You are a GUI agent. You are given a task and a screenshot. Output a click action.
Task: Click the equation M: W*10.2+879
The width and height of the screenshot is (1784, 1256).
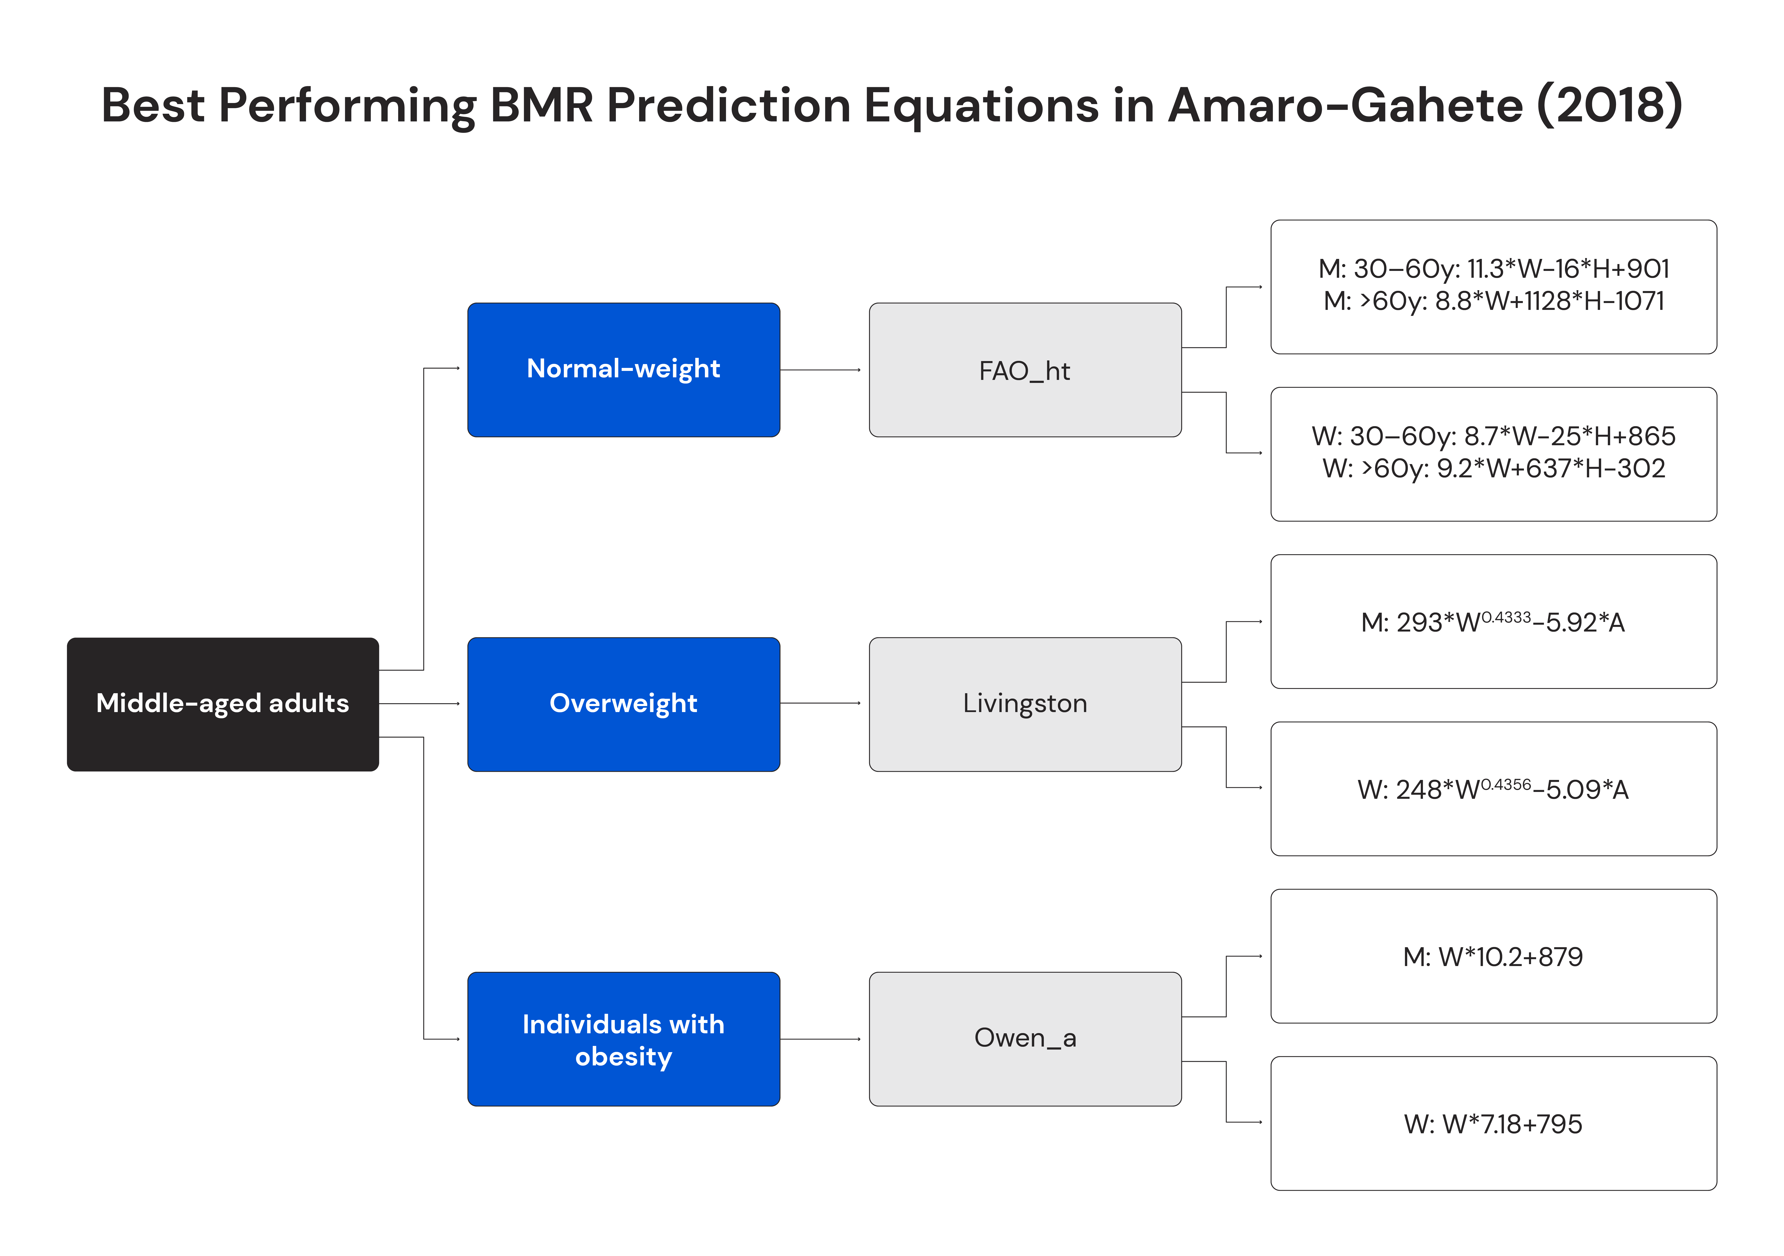click(1493, 957)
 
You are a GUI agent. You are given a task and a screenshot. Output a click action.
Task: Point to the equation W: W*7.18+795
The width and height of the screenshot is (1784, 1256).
click(1493, 1124)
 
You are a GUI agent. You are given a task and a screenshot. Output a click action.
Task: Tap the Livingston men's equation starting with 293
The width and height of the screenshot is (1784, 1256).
click(1493, 623)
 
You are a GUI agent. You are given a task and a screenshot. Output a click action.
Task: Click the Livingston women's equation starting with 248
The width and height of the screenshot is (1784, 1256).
click(1493, 790)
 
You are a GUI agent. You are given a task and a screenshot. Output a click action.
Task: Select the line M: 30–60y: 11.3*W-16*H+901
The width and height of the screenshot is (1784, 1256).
click(1493, 269)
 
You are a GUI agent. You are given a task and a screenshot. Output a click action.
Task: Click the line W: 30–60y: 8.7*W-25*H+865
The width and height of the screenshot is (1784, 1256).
click(1493, 436)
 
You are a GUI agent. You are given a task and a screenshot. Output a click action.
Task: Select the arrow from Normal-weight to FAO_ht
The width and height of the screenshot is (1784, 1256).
click(820, 370)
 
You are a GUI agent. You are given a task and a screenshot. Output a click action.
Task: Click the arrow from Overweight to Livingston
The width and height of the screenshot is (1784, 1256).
click(820, 703)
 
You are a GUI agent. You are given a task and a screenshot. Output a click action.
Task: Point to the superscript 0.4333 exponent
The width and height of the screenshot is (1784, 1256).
click(1506, 617)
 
